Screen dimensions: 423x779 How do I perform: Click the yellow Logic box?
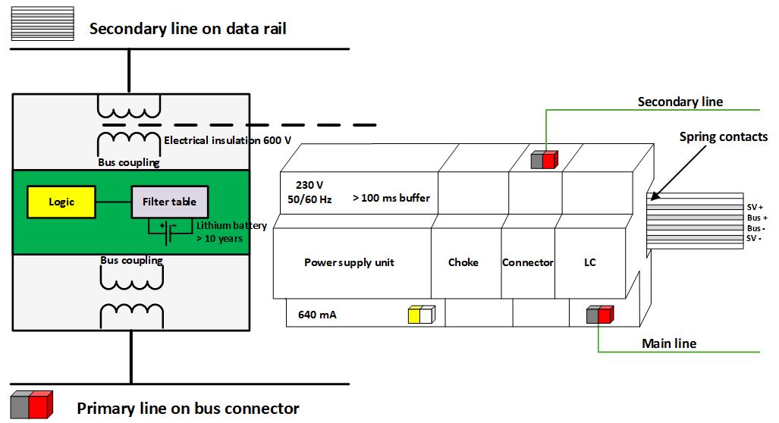click(61, 202)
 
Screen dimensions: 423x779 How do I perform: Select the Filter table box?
click(169, 202)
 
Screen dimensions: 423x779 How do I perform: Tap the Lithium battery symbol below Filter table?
click(168, 227)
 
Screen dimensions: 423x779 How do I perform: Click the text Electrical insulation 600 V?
click(228, 140)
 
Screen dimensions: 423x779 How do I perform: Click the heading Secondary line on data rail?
click(187, 30)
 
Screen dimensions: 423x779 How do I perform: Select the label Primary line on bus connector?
click(187, 409)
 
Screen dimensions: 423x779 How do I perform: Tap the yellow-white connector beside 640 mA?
click(421, 315)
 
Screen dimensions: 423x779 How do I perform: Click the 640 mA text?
click(317, 314)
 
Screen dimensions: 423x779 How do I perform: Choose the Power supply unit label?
click(349, 262)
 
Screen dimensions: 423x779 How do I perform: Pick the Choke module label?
click(463, 262)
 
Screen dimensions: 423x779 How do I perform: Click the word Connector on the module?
click(528, 262)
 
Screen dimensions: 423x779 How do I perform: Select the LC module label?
click(590, 262)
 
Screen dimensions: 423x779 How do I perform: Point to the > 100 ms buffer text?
click(391, 198)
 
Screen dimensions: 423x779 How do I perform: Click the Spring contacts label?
click(723, 137)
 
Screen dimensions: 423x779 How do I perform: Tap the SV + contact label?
click(755, 205)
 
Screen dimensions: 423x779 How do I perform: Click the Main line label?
click(668, 344)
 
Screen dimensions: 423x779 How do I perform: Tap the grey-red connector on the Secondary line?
click(545, 159)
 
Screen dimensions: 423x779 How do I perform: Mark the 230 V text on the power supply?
click(310, 183)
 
